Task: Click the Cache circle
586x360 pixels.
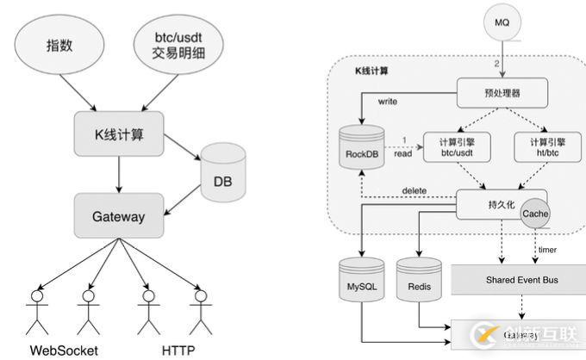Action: [x=535, y=214]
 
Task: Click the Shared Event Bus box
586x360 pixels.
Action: [x=518, y=280]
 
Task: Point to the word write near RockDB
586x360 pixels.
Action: [x=388, y=101]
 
